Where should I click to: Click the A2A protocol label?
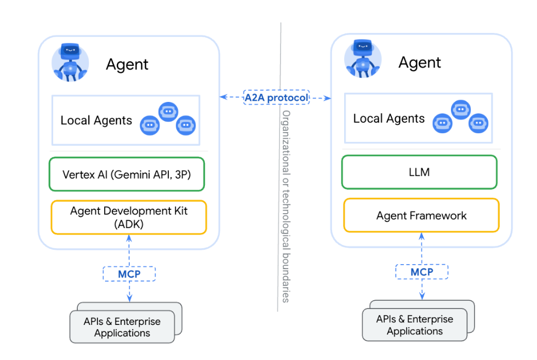pos(276,98)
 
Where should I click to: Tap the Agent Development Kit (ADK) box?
pos(128,218)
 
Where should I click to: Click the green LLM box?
pos(419,172)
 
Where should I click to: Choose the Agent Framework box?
pos(421,215)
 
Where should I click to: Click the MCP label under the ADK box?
pos(129,274)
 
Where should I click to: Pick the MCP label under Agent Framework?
pos(421,272)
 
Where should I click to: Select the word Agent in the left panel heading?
pos(127,64)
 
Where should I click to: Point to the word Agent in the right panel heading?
pos(420,62)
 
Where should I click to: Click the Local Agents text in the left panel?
pos(96,121)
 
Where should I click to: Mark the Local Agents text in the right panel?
pos(389,119)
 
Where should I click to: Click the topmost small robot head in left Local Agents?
pos(168,111)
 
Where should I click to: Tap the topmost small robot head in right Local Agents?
pos(460,110)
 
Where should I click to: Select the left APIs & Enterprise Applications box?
pos(122,327)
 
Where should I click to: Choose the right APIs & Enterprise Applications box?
pos(415,325)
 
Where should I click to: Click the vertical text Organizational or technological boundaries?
pos(285,205)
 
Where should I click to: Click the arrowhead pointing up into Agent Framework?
pos(421,236)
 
